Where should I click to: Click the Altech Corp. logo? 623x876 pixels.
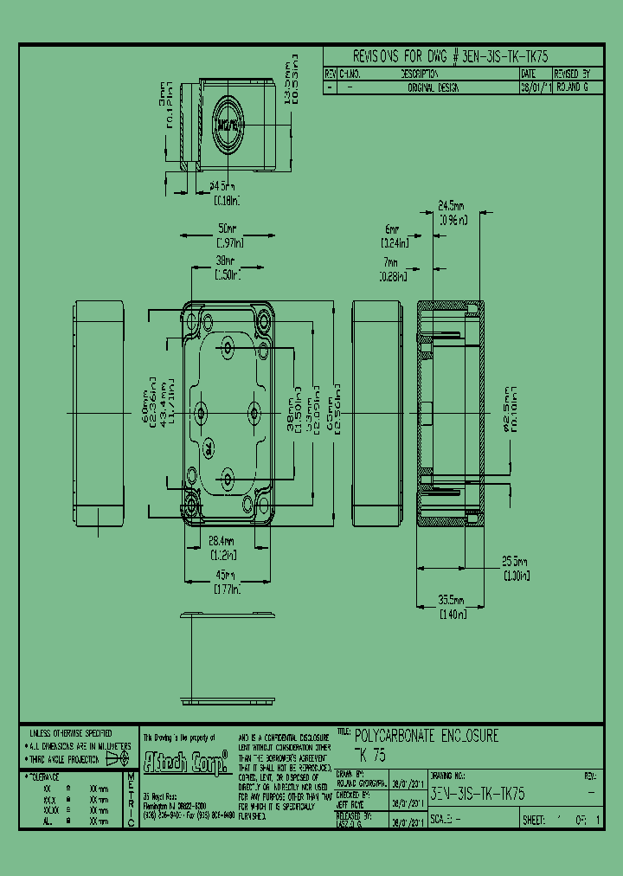pos(184,762)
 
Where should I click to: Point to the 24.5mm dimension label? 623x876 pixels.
pos(450,208)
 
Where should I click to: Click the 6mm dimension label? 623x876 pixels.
pos(391,230)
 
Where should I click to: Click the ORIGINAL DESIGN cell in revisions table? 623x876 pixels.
pos(433,88)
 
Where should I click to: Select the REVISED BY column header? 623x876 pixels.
pos(572,75)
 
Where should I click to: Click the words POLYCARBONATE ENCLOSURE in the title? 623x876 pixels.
pos(427,737)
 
